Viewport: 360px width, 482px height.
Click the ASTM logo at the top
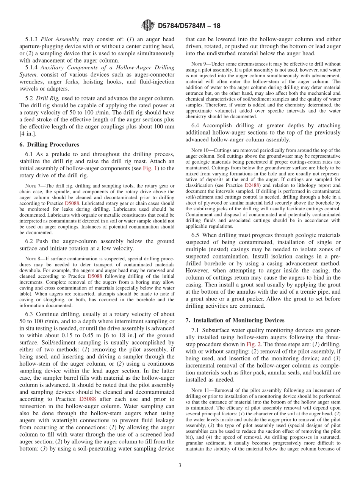pos(148,26)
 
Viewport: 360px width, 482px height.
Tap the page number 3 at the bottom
pos(180,466)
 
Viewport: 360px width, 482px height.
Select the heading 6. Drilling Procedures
pos(49,144)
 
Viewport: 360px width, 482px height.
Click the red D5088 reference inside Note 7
pos(72,203)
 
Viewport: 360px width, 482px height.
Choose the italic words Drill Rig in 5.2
pos(47,98)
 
